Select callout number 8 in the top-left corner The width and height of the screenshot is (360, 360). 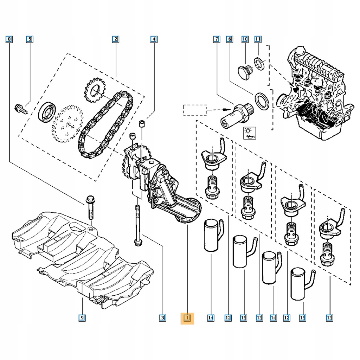[9, 39]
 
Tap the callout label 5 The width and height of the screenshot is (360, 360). [30, 39]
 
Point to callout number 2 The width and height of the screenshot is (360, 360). [115, 39]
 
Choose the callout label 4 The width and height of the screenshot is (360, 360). [153, 39]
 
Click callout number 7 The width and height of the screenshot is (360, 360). [216, 39]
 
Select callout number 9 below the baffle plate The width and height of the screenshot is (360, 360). [82, 318]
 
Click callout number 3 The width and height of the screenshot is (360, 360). [162, 318]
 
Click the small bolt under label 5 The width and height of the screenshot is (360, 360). [21, 109]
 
